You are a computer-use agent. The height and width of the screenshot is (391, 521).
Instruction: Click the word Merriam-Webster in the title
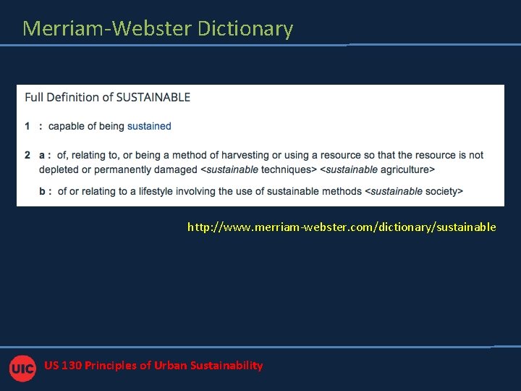[107, 28]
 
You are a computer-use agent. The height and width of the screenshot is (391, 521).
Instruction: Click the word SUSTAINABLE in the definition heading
[153, 97]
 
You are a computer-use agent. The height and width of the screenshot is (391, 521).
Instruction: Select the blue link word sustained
[149, 126]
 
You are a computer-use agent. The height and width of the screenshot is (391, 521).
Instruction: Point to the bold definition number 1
[27, 126]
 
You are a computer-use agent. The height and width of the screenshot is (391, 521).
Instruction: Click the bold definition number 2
[27, 155]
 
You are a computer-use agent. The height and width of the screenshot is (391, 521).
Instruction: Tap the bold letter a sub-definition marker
[42, 155]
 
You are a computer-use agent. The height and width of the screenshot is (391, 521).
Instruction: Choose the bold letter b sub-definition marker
[42, 191]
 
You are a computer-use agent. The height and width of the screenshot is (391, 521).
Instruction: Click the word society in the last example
[441, 191]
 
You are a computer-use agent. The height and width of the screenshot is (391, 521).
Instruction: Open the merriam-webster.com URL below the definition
[342, 227]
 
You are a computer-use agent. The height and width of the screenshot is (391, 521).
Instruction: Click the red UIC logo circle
[22, 368]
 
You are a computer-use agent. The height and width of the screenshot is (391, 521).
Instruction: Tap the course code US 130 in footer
[62, 366]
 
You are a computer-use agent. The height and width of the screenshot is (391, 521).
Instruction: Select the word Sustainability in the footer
[226, 366]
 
